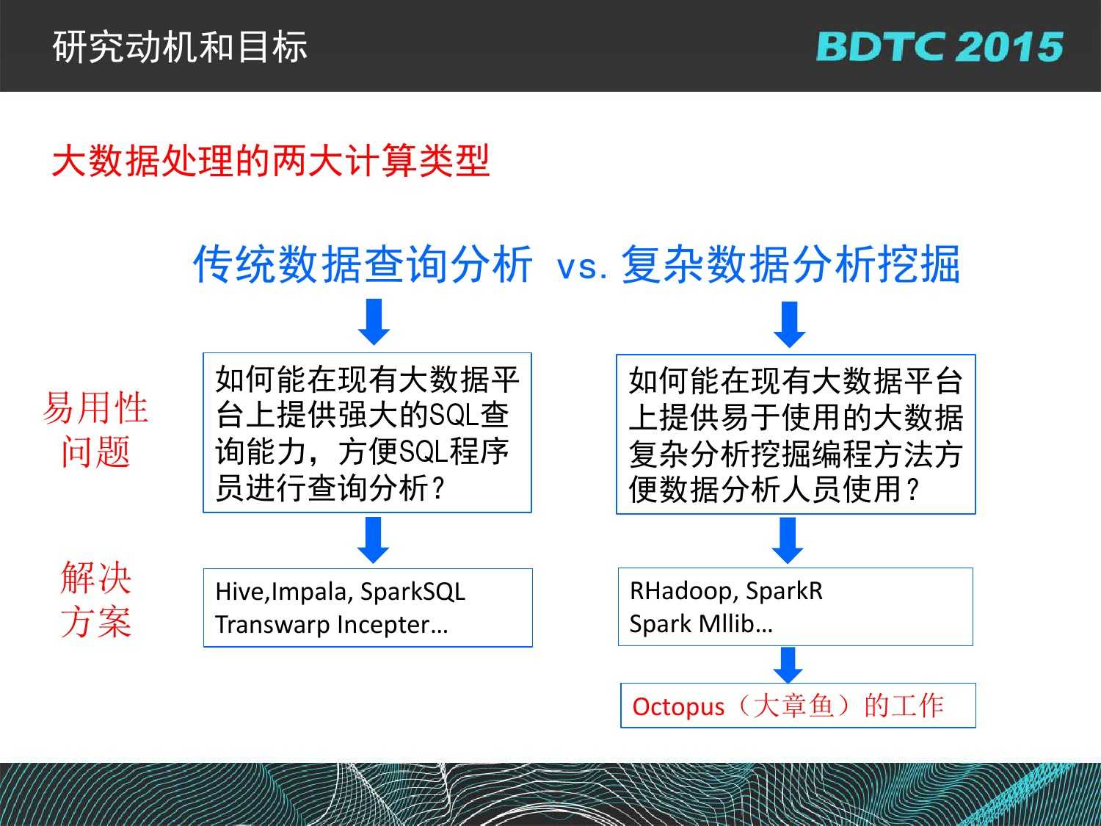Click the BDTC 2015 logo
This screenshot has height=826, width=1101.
[x=940, y=47]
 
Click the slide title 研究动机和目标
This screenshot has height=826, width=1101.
[x=180, y=47]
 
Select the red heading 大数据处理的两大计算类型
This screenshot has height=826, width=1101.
[x=270, y=161]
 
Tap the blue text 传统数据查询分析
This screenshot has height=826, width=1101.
[x=363, y=264]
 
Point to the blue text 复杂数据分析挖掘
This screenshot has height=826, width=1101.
[x=791, y=264]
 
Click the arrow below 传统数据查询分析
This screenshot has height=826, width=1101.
[x=374, y=322]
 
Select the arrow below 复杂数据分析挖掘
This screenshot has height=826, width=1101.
[x=790, y=325]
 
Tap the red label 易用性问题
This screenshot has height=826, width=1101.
[x=95, y=430]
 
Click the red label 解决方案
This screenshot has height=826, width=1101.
[x=96, y=599]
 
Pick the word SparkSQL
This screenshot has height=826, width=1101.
[x=413, y=592]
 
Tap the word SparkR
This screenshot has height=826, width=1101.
[x=785, y=591]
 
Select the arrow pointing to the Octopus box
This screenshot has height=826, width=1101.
[x=788, y=665]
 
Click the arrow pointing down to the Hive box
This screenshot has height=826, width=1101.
[x=373, y=540]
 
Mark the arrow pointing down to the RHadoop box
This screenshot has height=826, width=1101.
[x=788, y=540]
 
